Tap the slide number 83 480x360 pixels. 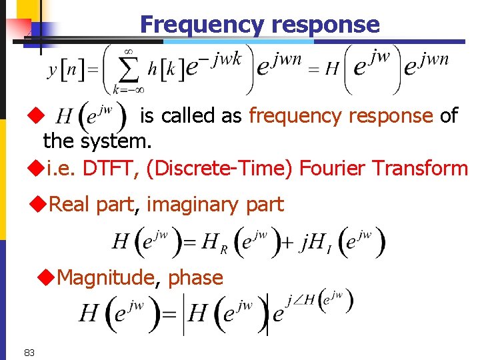[29, 352]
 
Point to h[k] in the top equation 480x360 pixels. [163, 69]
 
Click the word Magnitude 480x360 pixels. [106, 277]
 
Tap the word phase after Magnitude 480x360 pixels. [195, 278]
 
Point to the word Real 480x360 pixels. [71, 205]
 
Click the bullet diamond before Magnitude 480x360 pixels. [49, 277]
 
